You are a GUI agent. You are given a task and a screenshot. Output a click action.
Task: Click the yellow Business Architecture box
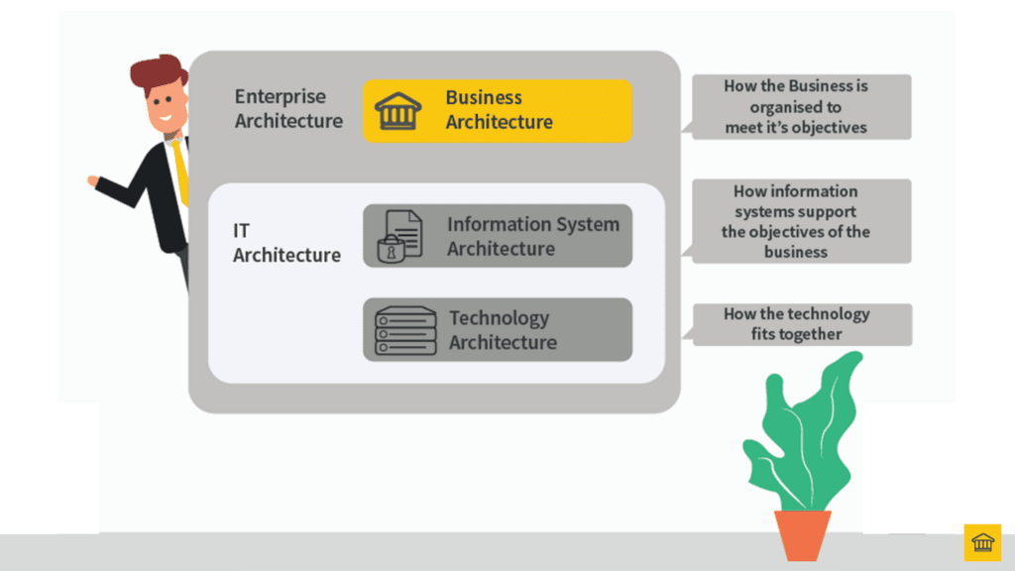(497, 110)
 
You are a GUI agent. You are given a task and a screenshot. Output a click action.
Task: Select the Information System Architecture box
(497, 236)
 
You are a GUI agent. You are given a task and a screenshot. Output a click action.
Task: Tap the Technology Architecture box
(497, 329)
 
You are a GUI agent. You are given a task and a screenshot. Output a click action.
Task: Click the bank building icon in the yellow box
(398, 110)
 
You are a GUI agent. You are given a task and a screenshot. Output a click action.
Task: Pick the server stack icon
(404, 330)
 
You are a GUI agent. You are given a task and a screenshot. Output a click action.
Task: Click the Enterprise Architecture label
(288, 109)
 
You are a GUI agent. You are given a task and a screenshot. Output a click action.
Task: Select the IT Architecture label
(285, 243)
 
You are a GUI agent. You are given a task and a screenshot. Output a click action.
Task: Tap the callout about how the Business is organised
(801, 107)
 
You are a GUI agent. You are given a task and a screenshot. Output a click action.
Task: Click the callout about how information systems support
(801, 221)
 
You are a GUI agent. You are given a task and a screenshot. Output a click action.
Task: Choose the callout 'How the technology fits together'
(801, 324)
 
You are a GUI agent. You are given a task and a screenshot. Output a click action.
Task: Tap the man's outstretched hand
(94, 181)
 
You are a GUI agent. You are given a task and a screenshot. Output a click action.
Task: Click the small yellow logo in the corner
(982, 542)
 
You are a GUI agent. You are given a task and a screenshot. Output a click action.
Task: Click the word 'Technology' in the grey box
(499, 318)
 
